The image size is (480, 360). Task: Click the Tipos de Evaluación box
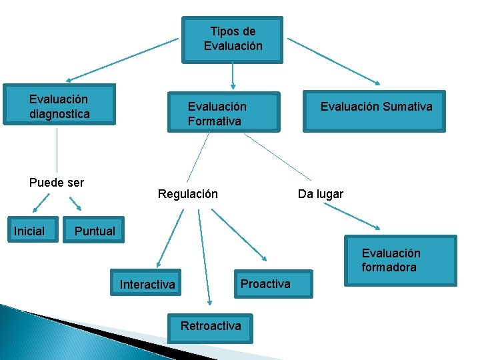pos(233,39)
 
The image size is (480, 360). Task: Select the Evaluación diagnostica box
pos(59,105)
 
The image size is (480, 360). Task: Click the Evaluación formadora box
pos(400,261)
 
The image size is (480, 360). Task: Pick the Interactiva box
pos(147,285)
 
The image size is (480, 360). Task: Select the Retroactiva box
pos(210,327)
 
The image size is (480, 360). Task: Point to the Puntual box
pos(94,231)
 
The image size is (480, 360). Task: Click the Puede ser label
pos(57,183)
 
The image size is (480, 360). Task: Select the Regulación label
pos(187,194)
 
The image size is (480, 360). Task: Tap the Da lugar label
pos(321,194)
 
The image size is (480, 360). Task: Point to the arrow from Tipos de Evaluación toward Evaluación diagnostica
pos(123,59)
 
